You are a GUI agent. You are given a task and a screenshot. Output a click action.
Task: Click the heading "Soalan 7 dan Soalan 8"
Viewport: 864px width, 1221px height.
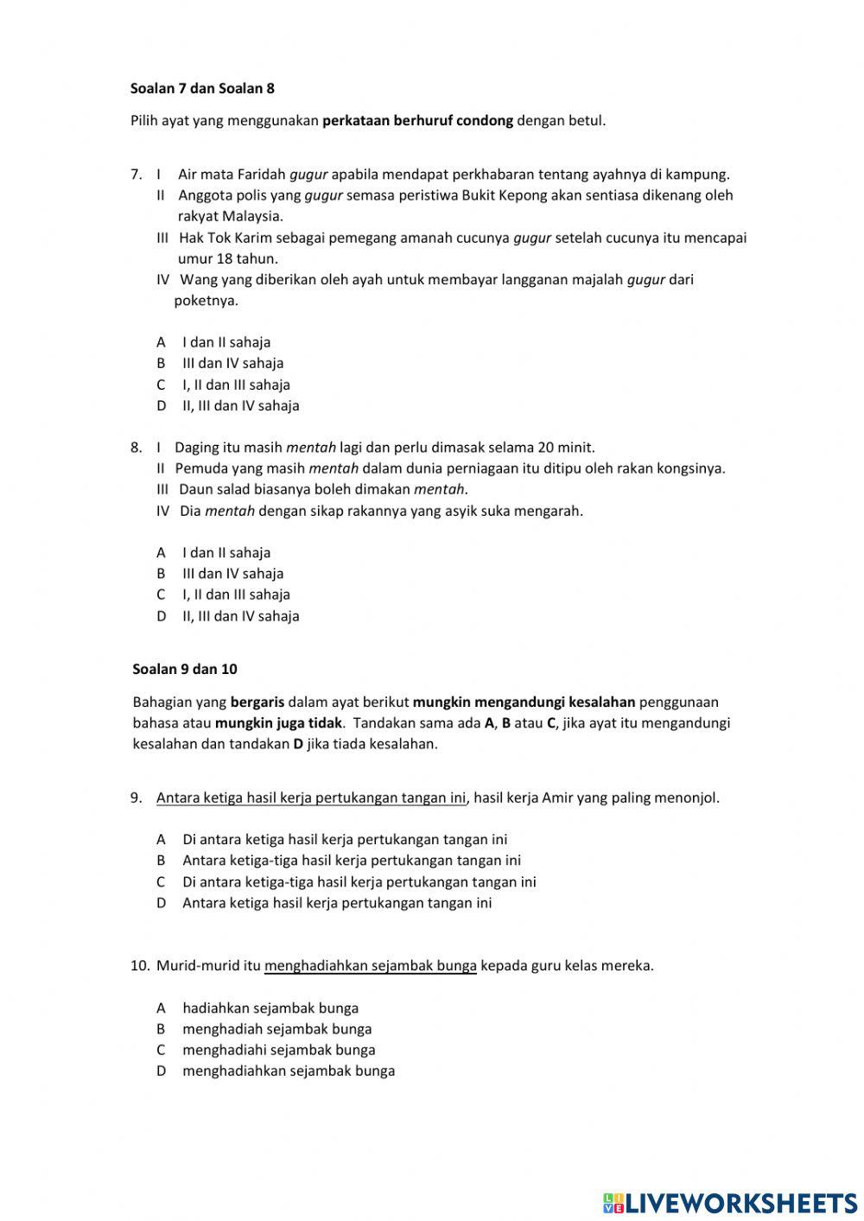click(202, 88)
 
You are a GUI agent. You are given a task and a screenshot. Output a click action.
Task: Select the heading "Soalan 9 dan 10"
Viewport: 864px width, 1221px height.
click(185, 669)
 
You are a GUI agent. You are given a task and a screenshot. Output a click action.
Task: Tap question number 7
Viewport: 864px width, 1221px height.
click(136, 175)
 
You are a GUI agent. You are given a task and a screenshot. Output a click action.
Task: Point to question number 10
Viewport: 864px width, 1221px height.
click(140, 966)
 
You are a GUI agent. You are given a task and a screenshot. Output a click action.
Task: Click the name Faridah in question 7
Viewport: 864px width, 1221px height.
click(260, 175)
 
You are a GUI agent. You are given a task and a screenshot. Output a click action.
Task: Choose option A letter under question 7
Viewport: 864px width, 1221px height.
click(161, 342)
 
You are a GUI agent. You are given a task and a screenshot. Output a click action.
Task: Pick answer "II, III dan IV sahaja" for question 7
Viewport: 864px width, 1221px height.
click(240, 405)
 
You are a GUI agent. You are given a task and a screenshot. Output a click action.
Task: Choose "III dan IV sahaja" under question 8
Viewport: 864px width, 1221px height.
click(232, 574)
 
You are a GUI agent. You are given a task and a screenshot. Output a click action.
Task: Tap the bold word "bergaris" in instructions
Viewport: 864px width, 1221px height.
click(257, 702)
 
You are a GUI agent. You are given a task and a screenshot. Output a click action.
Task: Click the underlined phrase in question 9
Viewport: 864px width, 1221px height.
click(311, 798)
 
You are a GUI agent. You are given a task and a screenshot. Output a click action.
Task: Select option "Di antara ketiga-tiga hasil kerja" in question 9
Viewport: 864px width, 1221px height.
click(359, 882)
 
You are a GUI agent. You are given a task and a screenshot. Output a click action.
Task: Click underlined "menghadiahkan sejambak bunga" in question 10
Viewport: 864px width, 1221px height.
click(371, 966)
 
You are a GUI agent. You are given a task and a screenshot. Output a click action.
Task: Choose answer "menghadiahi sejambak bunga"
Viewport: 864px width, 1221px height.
click(278, 1050)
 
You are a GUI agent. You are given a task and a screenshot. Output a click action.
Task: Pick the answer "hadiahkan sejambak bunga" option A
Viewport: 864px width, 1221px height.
click(270, 1008)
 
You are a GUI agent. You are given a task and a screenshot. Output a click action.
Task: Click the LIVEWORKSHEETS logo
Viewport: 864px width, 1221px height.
click(730, 1202)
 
